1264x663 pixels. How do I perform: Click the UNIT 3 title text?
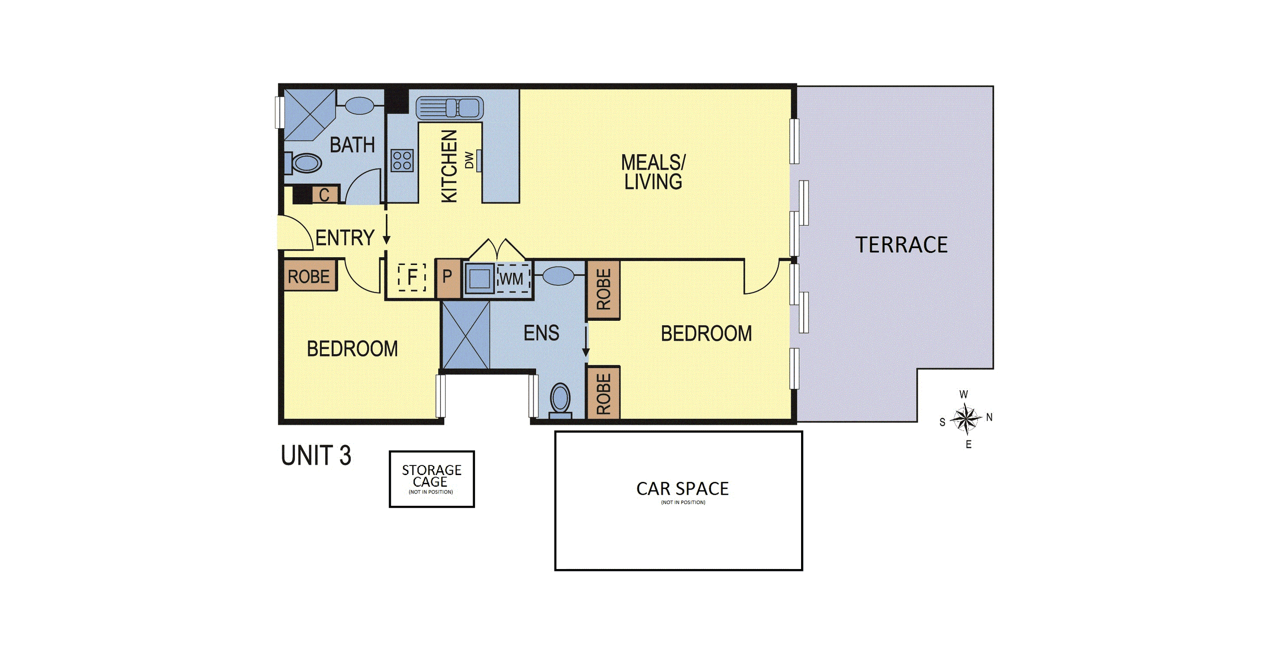[316, 455]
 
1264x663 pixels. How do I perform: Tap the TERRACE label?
[901, 245]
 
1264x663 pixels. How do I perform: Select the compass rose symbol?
[966, 419]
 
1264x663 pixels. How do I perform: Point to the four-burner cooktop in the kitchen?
[402, 160]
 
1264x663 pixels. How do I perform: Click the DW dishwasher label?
[470, 160]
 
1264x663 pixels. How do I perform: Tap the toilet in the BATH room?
[303, 163]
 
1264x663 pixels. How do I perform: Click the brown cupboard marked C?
[324, 195]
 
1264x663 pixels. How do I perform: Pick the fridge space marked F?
[412, 277]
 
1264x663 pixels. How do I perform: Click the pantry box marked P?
[448, 278]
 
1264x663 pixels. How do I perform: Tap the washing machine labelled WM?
[513, 279]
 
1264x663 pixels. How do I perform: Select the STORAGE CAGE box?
[432, 479]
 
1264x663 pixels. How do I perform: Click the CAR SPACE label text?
[682, 489]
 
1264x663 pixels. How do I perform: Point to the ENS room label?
[541, 333]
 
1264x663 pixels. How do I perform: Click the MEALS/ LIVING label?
[653, 172]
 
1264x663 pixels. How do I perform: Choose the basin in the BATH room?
[360, 106]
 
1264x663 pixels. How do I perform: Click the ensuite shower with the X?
[466, 335]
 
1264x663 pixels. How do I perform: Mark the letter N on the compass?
[989, 417]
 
